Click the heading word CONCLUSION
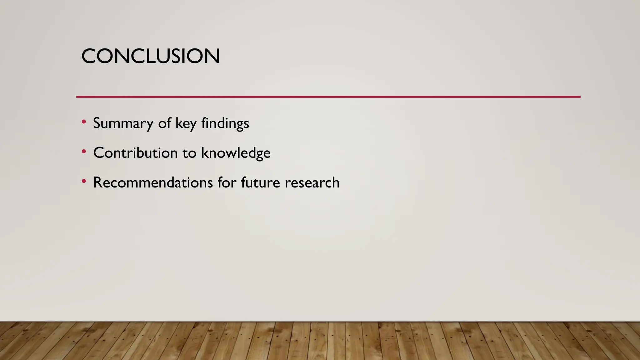(x=150, y=57)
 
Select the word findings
(x=225, y=123)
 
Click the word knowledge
(x=236, y=153)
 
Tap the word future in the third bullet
(x=260, y=182)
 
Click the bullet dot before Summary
(x=83, y=122)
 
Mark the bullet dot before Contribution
(x=83, y=152)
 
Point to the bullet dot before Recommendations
(x=83, y=181)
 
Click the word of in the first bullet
(x=164, y=123)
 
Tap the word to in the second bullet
(x=189, y=153)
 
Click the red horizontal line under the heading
(x=328, y=97)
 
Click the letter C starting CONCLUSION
(x=89, y=57)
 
